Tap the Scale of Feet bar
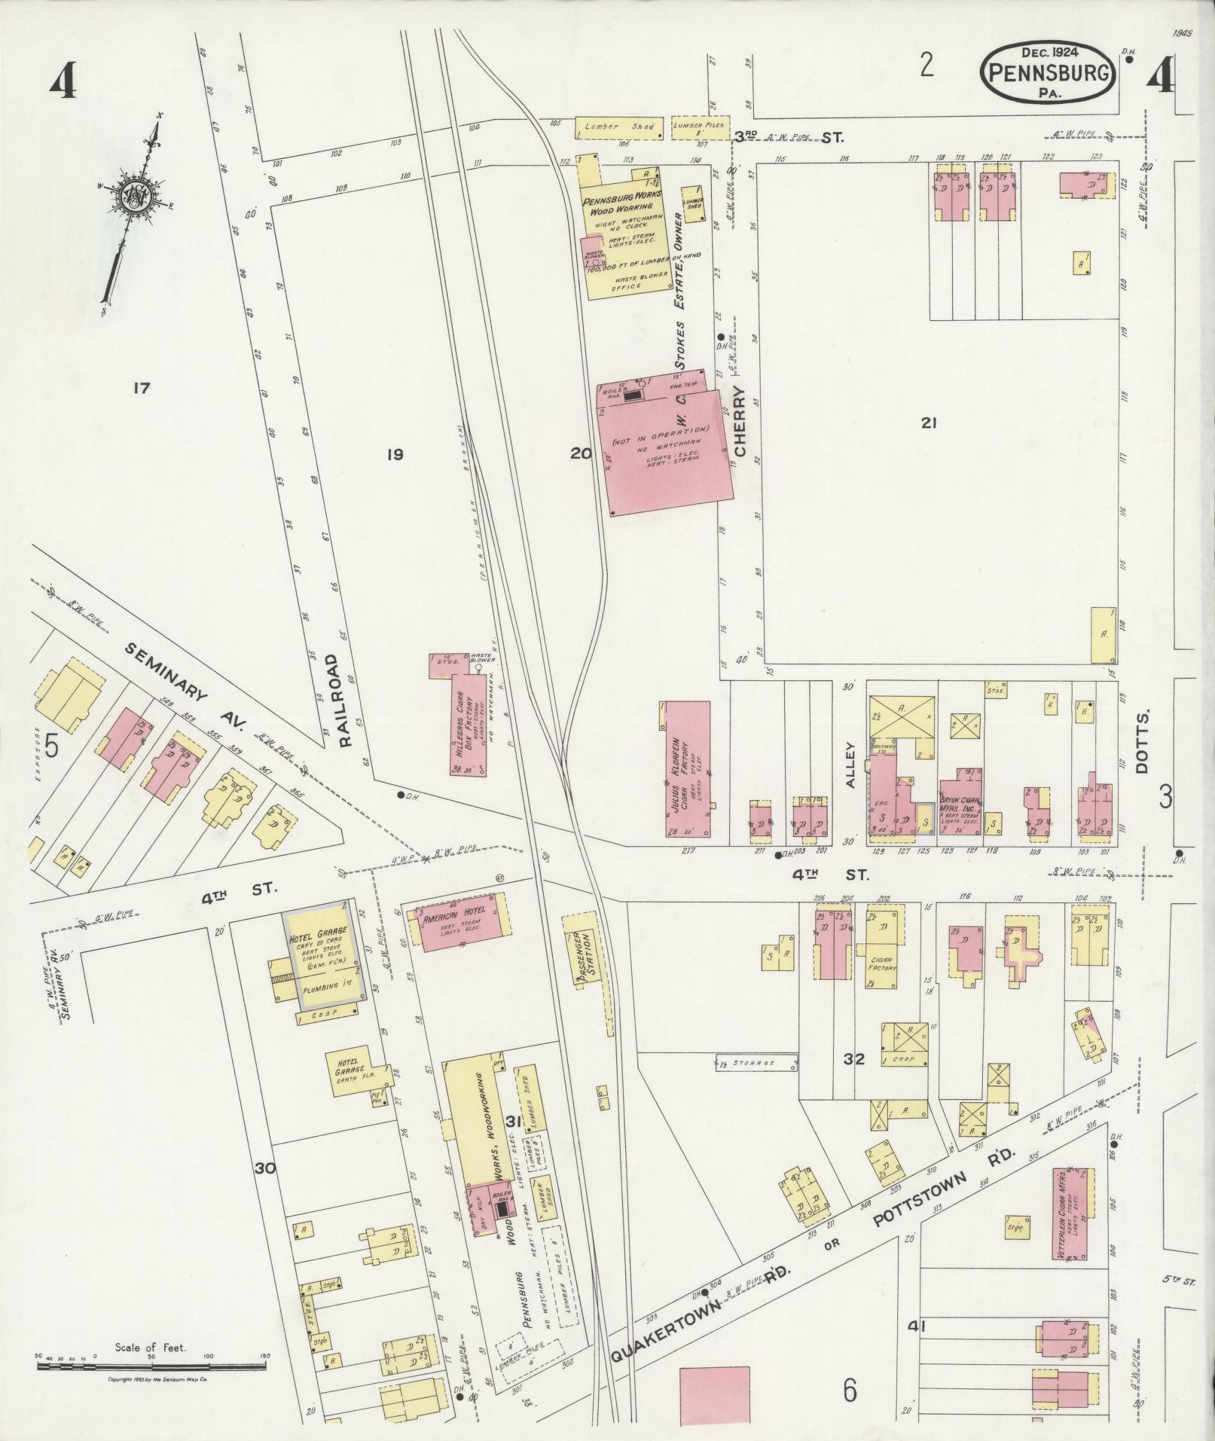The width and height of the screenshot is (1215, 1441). (x=151, y=1363)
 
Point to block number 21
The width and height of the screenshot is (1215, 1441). (x=928, y=423)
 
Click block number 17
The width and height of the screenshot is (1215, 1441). (x=140, y=389)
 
